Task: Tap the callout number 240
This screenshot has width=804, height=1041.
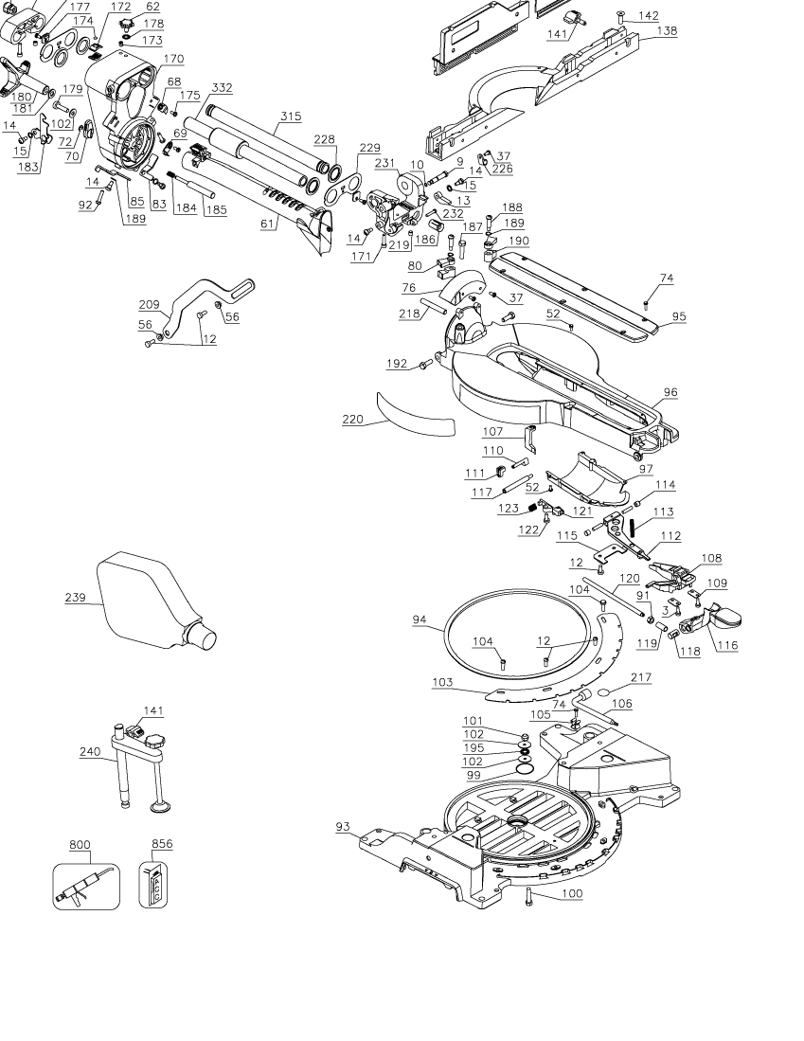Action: (x=89, y=751)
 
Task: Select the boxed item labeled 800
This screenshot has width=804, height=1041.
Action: (x=86, y=886)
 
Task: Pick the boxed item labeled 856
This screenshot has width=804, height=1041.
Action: (x=155, y=886)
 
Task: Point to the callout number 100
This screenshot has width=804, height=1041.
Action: (x=572, y=893)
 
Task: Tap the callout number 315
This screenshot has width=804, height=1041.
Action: (x=290, y=116)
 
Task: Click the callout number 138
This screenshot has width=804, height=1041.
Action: (x=667, y=30)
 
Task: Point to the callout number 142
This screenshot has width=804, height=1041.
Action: (x=648, y=15)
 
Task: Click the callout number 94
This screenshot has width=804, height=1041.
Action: (x=420, y=619)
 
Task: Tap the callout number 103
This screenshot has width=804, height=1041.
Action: (x=441, y=681)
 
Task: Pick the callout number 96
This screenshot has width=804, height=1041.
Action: (x=670, y=391)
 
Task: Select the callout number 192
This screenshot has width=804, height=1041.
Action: (x=396, y=363)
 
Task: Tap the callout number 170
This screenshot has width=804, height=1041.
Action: (x=173, y=59)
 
